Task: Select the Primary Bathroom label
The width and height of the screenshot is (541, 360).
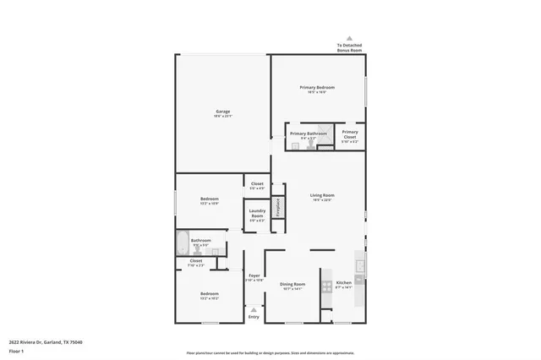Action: click(x=309, y=134)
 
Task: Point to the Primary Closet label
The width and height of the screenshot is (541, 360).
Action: click(x=350, y=134)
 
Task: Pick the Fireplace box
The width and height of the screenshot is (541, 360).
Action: click(x=276, y=208)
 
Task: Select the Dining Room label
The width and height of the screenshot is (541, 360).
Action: click(x=292, y=285)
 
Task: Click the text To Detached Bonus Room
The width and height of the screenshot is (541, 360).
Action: click(x=349, y=47)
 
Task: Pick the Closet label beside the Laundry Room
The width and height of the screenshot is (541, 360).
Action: click(x=257, y=185)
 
